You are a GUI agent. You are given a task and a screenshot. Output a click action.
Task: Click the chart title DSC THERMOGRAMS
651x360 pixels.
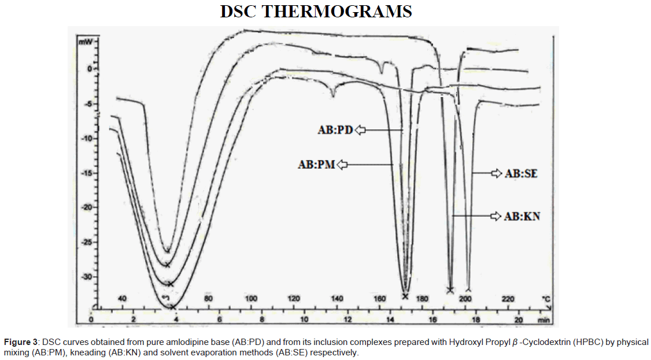tap(316, 12)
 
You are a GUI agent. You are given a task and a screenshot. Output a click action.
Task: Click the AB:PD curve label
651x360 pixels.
tap(335, 131)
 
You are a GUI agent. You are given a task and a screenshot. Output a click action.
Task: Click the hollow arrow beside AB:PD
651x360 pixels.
tap(361, 131)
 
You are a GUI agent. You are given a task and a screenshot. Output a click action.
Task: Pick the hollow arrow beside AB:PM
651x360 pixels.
tap(342, 165)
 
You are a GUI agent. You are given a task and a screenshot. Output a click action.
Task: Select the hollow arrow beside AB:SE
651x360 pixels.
tap(496, 173)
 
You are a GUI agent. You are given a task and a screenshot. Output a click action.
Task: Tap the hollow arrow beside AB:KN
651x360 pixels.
tap(496, 216)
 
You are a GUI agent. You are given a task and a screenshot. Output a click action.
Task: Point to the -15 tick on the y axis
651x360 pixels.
tap(85, 173)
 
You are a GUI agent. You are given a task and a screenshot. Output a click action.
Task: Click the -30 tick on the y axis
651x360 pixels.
tap(85, 277)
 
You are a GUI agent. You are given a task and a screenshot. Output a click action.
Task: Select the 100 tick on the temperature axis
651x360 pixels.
tap(251, 299)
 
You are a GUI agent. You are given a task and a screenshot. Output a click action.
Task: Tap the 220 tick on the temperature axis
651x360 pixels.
tap(508, 299)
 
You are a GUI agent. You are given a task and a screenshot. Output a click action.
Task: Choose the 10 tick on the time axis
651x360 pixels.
tap(304, 320)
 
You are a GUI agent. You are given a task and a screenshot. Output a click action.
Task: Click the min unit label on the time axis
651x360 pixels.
tap(543, 320)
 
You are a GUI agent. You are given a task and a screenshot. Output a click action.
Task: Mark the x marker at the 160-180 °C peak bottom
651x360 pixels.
tap(405, 296)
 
